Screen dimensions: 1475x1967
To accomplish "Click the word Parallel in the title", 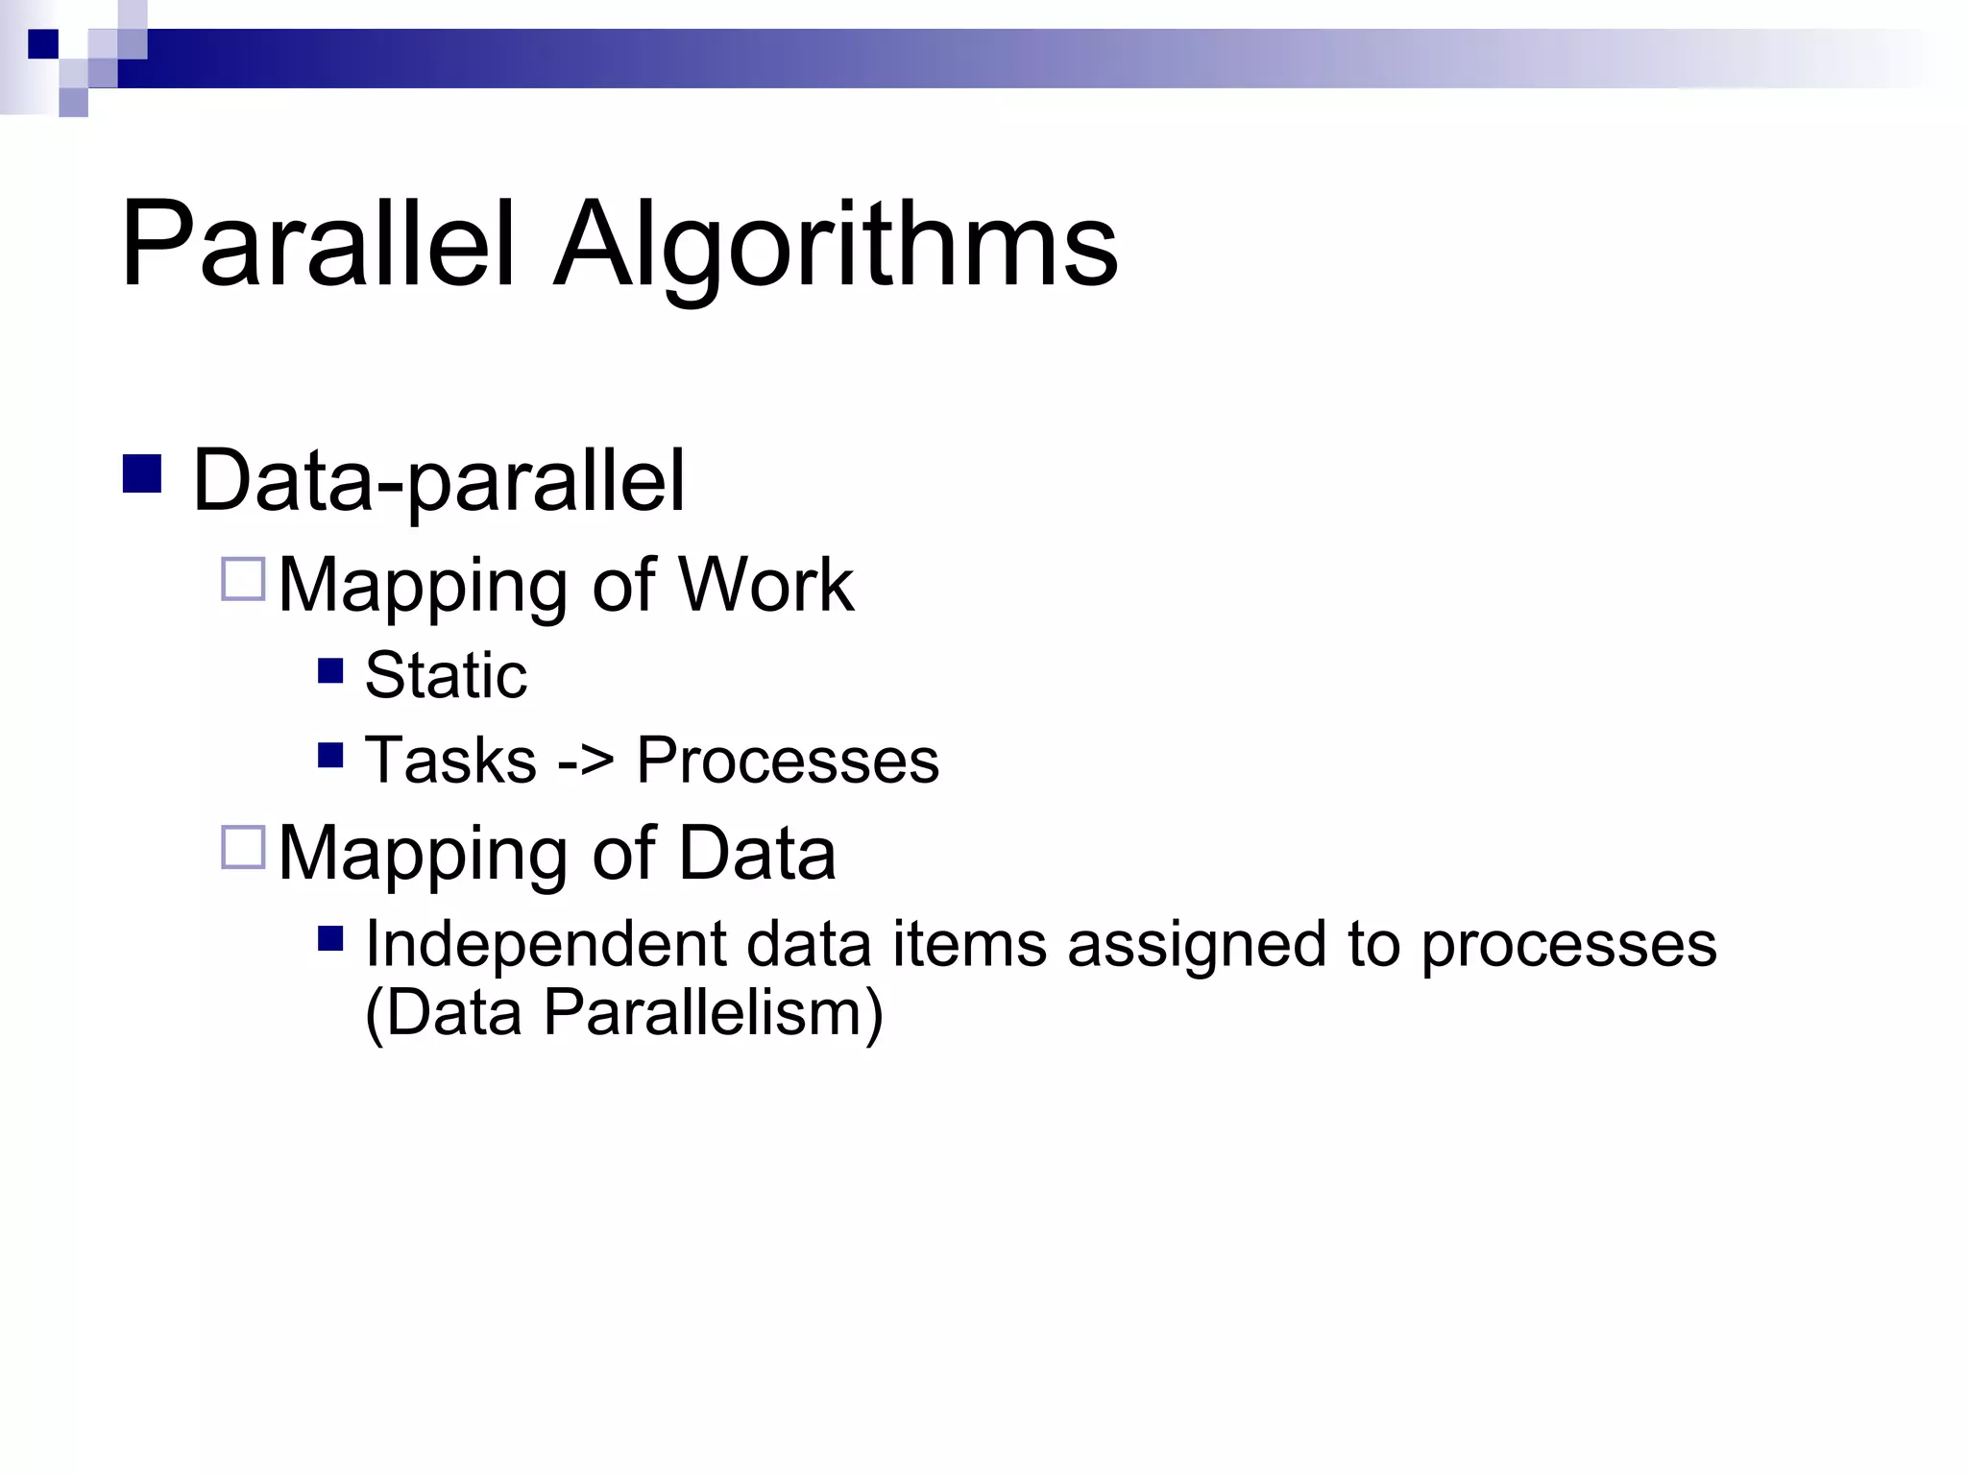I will coord(318,244).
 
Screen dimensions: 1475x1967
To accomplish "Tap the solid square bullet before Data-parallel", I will coord(142,473).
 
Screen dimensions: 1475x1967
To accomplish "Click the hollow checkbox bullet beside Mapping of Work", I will coord(243,579).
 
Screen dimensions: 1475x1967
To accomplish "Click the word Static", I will coord(446,675).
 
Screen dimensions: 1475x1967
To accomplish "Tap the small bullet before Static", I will coord(330,670).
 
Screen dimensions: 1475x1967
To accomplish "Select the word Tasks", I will coord(450,761).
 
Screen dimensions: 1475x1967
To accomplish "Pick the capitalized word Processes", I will coord(788,761).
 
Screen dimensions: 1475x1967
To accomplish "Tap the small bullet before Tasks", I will coord(330,756).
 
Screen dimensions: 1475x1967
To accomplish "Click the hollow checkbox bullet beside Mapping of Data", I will coord(243,847).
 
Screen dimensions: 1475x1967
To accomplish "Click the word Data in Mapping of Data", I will coord(757,853).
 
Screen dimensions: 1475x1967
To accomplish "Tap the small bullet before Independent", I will coord(330,938).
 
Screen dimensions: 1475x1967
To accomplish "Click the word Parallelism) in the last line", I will coord(713,1013).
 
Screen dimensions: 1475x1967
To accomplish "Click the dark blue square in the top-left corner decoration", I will coord(43,44).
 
